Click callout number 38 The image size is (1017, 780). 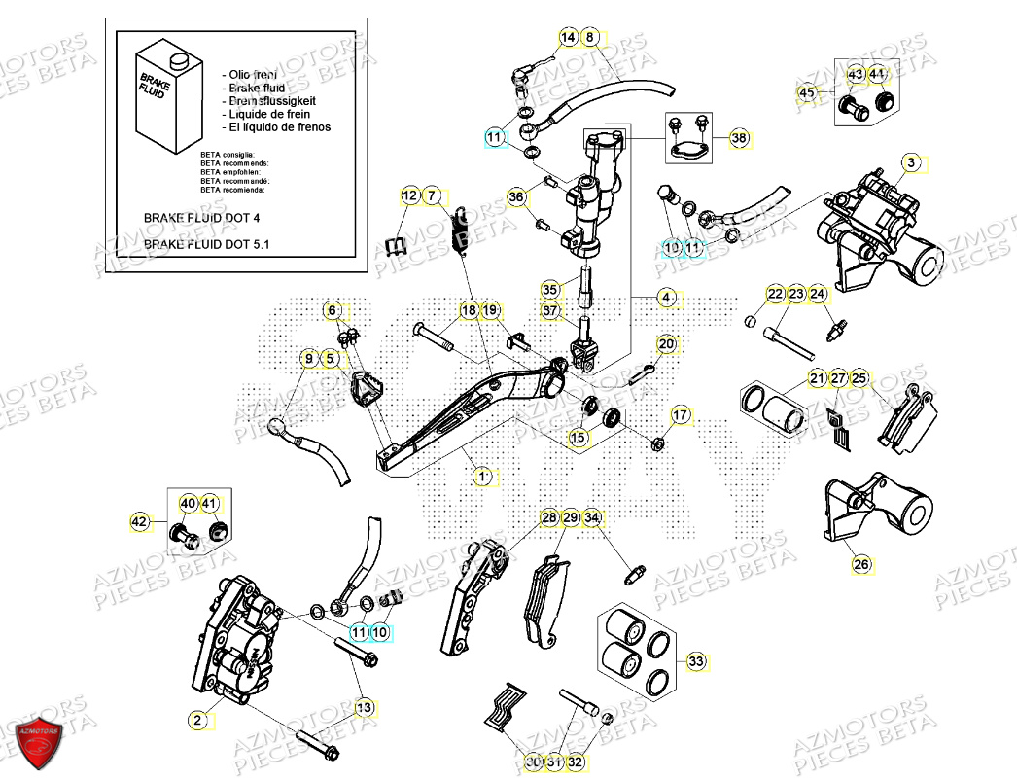point(740,139)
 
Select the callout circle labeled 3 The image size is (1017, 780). point(910,163)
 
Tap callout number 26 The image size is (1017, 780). point(861,563)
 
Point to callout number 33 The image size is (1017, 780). point(695,662)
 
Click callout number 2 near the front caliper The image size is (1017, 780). point(197,720)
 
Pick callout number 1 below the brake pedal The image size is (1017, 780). point(481,477)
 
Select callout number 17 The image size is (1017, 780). point(680,415)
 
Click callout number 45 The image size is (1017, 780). point(806,92)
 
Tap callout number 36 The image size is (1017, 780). point(516,197)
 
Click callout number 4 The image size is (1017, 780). point(666,297)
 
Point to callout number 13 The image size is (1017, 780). point(363,707)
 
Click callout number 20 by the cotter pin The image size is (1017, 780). point(666,344)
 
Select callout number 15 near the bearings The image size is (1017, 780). point(579,439)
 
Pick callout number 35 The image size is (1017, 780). point(550,290)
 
